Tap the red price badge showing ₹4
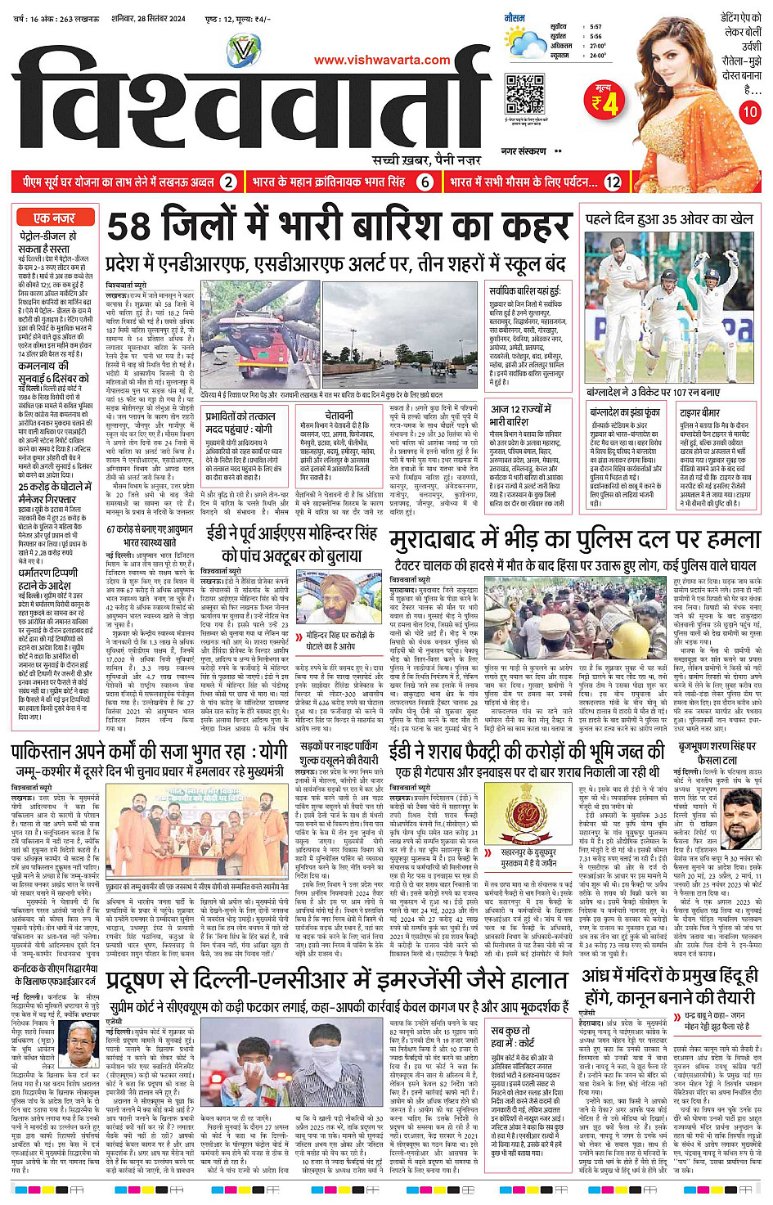click(x=606, y=99)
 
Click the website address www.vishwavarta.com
click(x=382, y=60)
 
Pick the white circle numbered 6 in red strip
click(x=425, y=182)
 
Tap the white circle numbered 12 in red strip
click(x=613, y=182)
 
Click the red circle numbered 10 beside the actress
click(x=749, y=112)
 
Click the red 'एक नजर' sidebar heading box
click(x=54, y=218)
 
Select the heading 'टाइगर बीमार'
click(x=699, y=412)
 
